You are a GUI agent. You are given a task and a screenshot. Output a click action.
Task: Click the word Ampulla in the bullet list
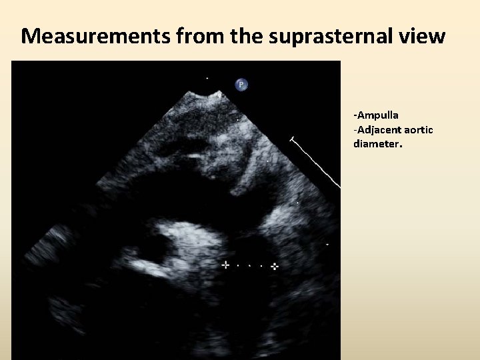click(x=379, y=115)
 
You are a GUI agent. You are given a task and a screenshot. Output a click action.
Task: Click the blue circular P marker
click(x=241, y=85)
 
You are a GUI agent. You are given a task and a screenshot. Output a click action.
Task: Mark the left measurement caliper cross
click(x=225, y=265)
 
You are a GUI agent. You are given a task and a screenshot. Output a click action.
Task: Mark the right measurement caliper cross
click(x=274, y=266)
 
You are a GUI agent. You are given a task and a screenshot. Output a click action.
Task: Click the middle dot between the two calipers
click(x=249, y=265)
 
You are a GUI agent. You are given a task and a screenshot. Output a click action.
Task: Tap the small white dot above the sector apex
click(x=207, y=78)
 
